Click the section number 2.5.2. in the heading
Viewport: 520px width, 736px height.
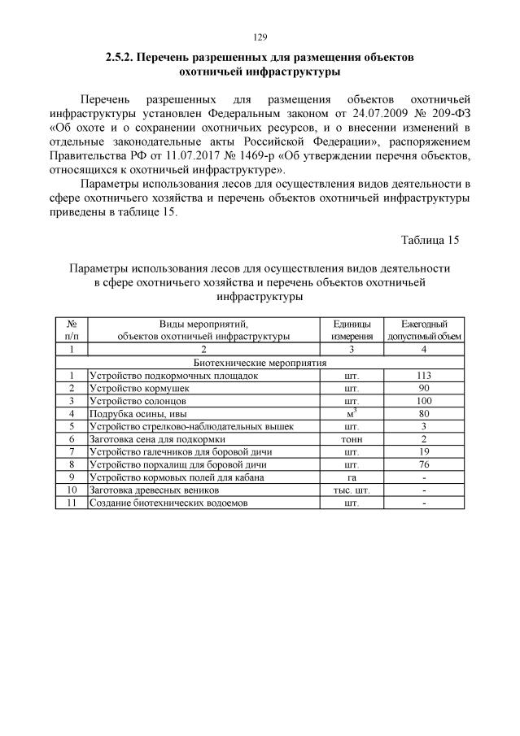[x=120, y=59]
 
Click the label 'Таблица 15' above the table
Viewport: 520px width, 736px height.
[x=430, y=240]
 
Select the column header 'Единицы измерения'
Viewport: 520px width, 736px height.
[x=352, y=329]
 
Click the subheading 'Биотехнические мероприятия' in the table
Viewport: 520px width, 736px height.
[x=259, y=363]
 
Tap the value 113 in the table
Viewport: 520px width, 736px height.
[x=424, y=376]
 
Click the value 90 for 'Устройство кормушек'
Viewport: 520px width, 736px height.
[x=424, y=389]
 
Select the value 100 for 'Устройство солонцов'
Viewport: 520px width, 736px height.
[x=424, y=401]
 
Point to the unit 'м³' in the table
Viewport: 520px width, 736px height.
[x=352, y=414]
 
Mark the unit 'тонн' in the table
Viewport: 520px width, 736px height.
[x=352, y=439]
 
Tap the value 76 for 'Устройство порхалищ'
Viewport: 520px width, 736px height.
[x=424, y=464]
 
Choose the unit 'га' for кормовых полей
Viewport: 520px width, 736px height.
[x=352, y=477]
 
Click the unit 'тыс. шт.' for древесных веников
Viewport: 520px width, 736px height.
[x=352, y=490]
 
